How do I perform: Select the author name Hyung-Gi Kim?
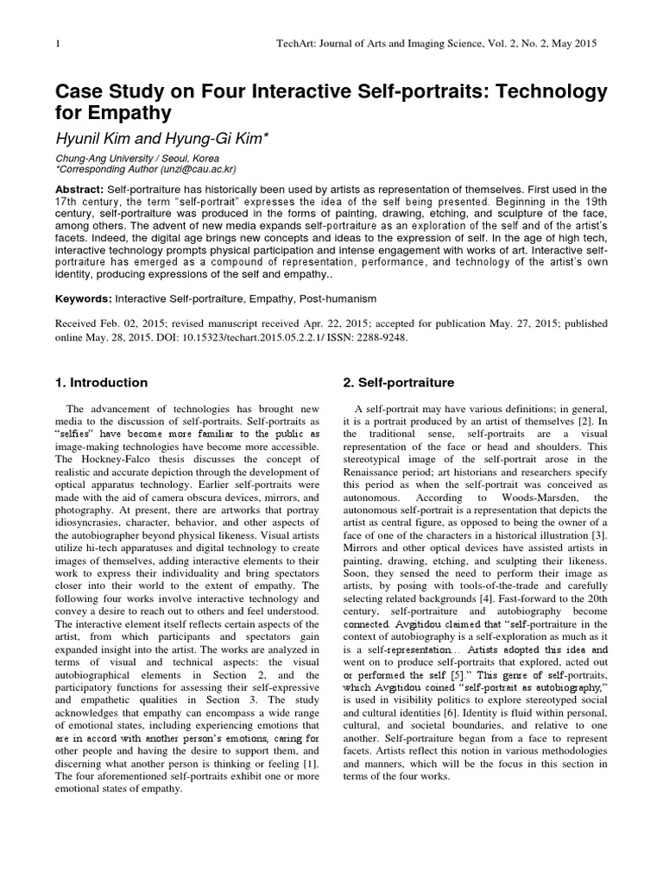(220, 139)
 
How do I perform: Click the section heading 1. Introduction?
(102, 382)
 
